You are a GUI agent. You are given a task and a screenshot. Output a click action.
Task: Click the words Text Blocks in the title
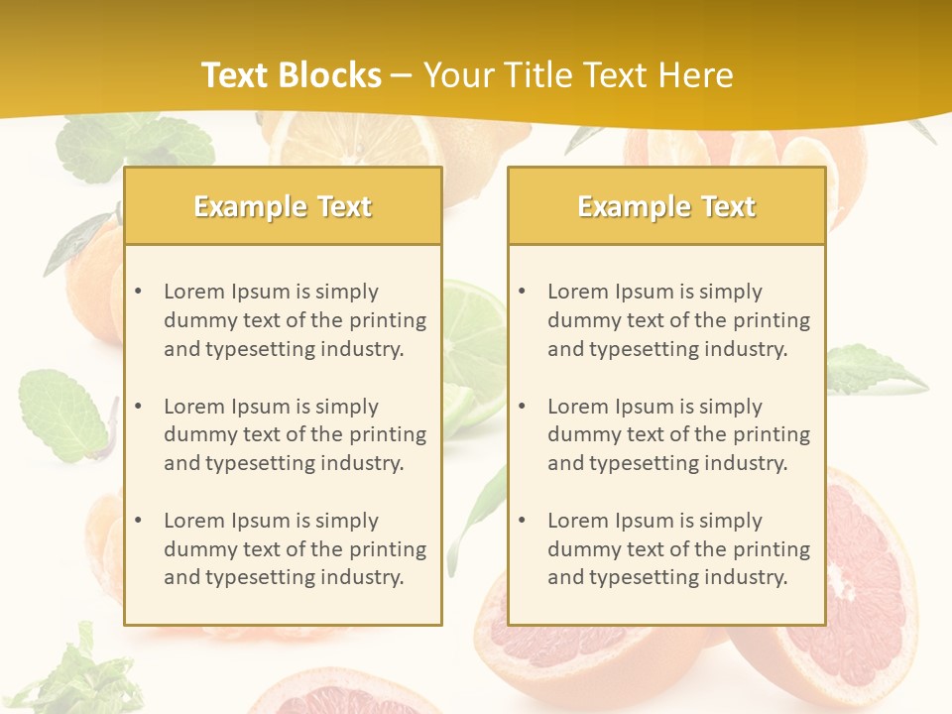[291, 75]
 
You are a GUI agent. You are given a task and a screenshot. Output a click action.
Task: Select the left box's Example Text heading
[283, 206]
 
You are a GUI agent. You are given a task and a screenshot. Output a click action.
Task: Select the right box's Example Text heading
[666, 206]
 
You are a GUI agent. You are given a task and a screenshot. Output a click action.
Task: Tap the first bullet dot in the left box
[138, 292]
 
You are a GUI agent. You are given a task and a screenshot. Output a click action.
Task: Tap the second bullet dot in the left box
[138, 407]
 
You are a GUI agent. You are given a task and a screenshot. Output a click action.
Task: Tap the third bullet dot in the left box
[138, 521]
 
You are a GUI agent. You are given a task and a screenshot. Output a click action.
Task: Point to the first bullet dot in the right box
[522, 292]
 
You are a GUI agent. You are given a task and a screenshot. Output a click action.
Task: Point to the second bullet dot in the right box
[522, 407]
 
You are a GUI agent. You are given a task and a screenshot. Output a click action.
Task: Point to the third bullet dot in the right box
[522, 521]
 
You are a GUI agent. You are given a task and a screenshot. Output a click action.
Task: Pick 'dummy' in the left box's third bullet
[195, 549]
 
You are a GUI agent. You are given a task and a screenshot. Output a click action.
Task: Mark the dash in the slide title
[402, 75]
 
